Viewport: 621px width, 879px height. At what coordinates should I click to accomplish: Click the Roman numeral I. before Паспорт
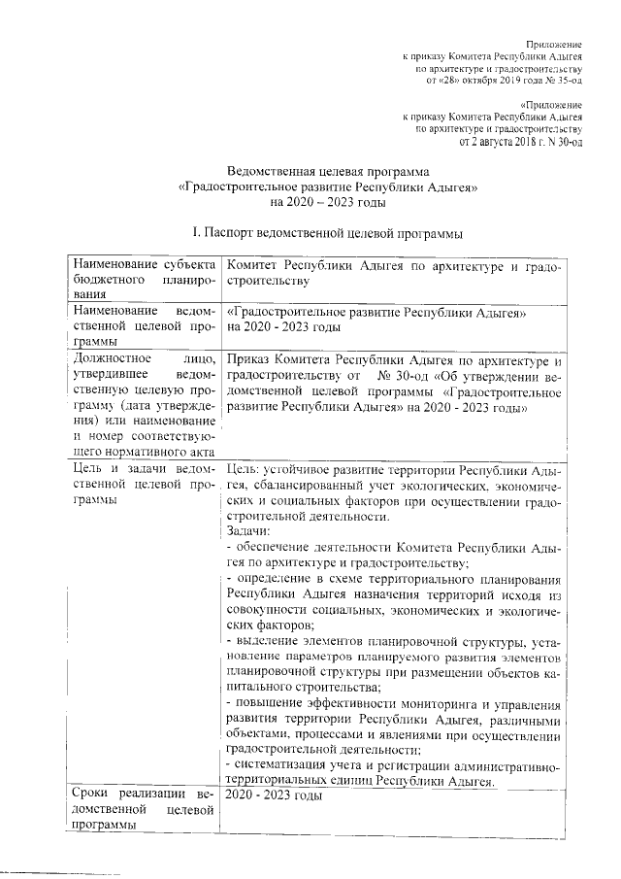click(197, 234)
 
